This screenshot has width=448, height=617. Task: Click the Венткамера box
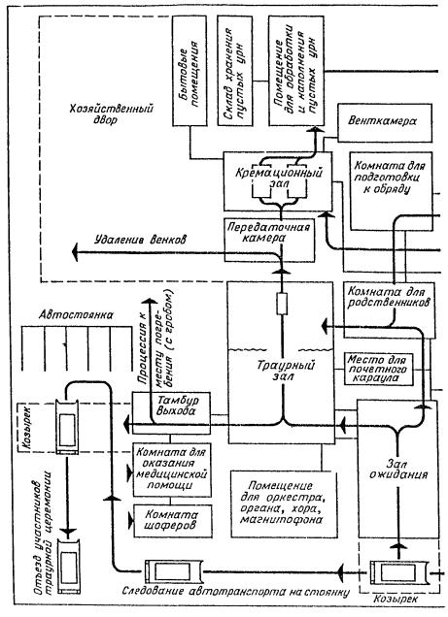point(385,123)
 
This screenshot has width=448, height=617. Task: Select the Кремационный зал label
point(279,178)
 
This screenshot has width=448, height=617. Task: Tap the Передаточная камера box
point(269,240)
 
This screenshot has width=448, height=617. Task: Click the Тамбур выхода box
point(171,412)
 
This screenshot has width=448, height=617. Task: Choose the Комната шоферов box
point(173,521)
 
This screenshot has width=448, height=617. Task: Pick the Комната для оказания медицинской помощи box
point(172,470)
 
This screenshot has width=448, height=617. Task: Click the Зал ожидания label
point(397,469)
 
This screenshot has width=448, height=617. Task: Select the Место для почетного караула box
point(379,369)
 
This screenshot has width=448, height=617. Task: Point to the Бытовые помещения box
point(189,71)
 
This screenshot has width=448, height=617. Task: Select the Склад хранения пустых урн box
point(235,71)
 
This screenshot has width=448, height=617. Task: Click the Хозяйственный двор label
point(112,114)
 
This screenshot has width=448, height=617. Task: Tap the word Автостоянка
point(76,314)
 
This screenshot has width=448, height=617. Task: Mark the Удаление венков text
point(140,240)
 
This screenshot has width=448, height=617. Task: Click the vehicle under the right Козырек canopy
point(398,572)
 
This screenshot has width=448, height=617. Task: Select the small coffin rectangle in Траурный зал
point(282,304)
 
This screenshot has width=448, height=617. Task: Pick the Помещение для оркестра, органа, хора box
point(284,504)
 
